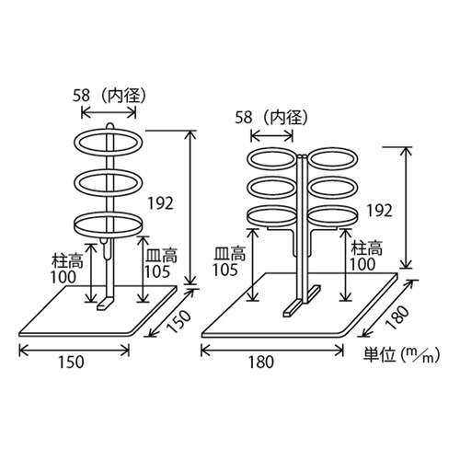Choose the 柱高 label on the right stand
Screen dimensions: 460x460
363,248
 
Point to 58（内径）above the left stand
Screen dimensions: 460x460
109,94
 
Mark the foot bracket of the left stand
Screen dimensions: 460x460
109,302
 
